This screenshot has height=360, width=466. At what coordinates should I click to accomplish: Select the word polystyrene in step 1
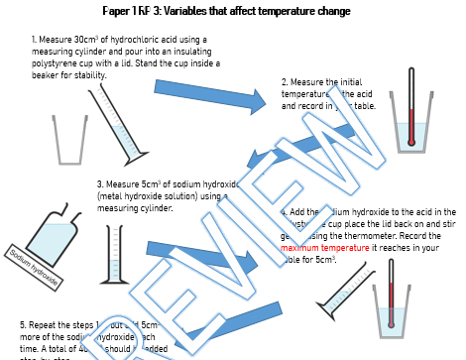(x=56, y=60)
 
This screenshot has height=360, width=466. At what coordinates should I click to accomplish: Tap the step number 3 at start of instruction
(x=99, y=184)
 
